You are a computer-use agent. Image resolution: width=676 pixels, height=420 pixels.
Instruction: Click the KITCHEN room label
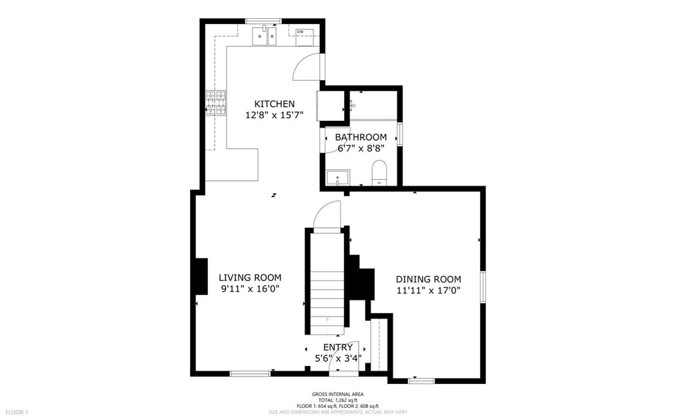274,104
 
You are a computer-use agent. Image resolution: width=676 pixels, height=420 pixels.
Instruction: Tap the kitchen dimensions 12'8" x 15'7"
275,116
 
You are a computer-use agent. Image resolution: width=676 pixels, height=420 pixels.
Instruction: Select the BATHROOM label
361,138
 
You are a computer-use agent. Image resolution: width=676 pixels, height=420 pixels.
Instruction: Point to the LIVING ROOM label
250,278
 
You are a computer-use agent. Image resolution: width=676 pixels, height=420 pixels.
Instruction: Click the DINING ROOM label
429,279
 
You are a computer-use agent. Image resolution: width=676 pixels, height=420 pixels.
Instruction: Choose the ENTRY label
338,347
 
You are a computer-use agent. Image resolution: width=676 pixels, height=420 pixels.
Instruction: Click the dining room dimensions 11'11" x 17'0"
429,290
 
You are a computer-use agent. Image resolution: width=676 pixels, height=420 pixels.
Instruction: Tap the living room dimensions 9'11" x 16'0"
251,289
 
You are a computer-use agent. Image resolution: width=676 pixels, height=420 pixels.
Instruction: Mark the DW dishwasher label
300,31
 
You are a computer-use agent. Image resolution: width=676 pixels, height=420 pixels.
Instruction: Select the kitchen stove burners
216,103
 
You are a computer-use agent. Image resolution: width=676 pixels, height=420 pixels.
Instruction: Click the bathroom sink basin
338,177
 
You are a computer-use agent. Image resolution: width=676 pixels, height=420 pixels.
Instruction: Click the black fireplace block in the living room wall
201,276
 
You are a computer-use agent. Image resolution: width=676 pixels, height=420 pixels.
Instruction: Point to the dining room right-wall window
483,286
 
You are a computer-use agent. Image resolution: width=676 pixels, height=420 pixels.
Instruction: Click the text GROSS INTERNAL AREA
337,394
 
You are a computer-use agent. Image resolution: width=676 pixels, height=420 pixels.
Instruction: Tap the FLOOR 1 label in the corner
17,412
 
